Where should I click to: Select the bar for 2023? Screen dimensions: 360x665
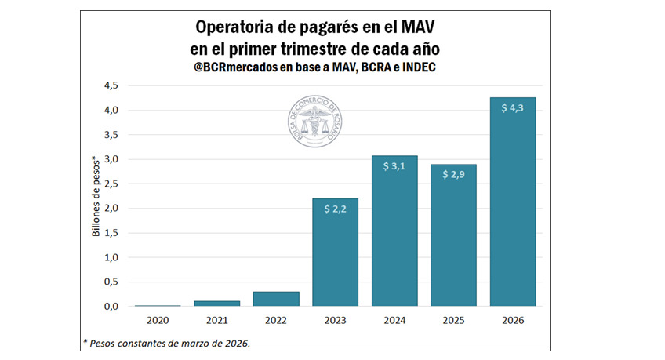click(335, 252)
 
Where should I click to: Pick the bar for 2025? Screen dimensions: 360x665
click(453, 235)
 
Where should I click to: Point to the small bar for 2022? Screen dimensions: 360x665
click(276, 299)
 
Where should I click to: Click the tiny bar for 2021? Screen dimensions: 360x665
click(216, 303)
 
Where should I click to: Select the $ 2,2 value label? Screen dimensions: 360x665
click(335, 209)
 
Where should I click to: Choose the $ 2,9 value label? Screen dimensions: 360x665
click(453, 175)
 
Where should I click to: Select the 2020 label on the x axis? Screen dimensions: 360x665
click(158, 321)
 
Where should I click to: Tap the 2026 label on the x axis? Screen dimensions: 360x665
click(514, 321)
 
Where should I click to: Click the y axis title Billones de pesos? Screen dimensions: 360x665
click(96, 196)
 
